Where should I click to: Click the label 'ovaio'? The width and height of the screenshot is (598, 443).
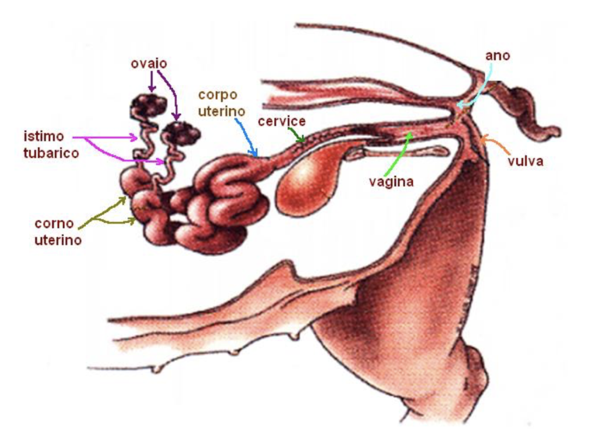(x=149, y=64)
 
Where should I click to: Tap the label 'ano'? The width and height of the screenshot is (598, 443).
(x=497, y=55)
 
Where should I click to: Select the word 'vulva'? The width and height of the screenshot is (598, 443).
(x=525, y=162)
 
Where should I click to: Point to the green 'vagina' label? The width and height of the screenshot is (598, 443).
(x=391, y=182)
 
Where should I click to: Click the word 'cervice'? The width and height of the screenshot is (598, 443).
(x=282, y=121)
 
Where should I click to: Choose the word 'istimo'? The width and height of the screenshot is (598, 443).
(x=44, y=136)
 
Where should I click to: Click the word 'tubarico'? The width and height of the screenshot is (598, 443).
(x=51, y=153)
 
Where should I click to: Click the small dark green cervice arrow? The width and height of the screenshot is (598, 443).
(x=297, y=135)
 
